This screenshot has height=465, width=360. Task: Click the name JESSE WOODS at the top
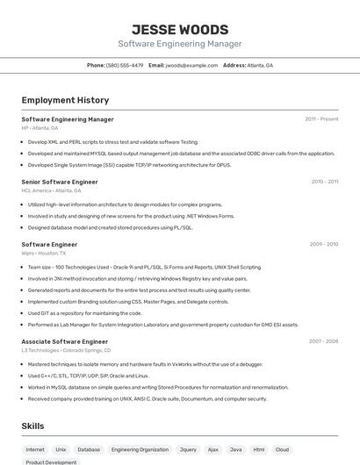click(x=179, y=29)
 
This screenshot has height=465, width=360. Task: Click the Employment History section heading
click(x=65, y=100)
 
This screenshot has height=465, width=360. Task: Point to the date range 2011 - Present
click(x=321, y=119)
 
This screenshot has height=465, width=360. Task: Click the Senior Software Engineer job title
click(x=60, y=182)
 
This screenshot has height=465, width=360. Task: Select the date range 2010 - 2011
click(x=324, y=182)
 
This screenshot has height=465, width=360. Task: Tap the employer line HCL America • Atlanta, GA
click(x=51, y=190)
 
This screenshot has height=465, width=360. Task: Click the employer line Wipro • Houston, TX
click(x=44, y=253)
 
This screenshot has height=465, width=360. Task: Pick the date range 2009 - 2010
click(x=324, y=245)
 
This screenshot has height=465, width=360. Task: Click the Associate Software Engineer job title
click(x=64, y=341)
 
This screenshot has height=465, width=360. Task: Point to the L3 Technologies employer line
click(x=66, y=350)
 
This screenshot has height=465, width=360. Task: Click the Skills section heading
click(x=32, y=426)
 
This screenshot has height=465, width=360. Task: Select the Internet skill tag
click(x=35, y=449)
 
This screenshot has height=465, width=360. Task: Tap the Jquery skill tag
click(x=188, y=449)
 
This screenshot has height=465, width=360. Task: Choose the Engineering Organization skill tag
click(x=140, y=449)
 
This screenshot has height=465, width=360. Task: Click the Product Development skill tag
click(x=50, y=462)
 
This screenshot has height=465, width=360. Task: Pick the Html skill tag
click(x=259, y=449)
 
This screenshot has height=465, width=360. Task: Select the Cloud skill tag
click(x=282, y=449)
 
